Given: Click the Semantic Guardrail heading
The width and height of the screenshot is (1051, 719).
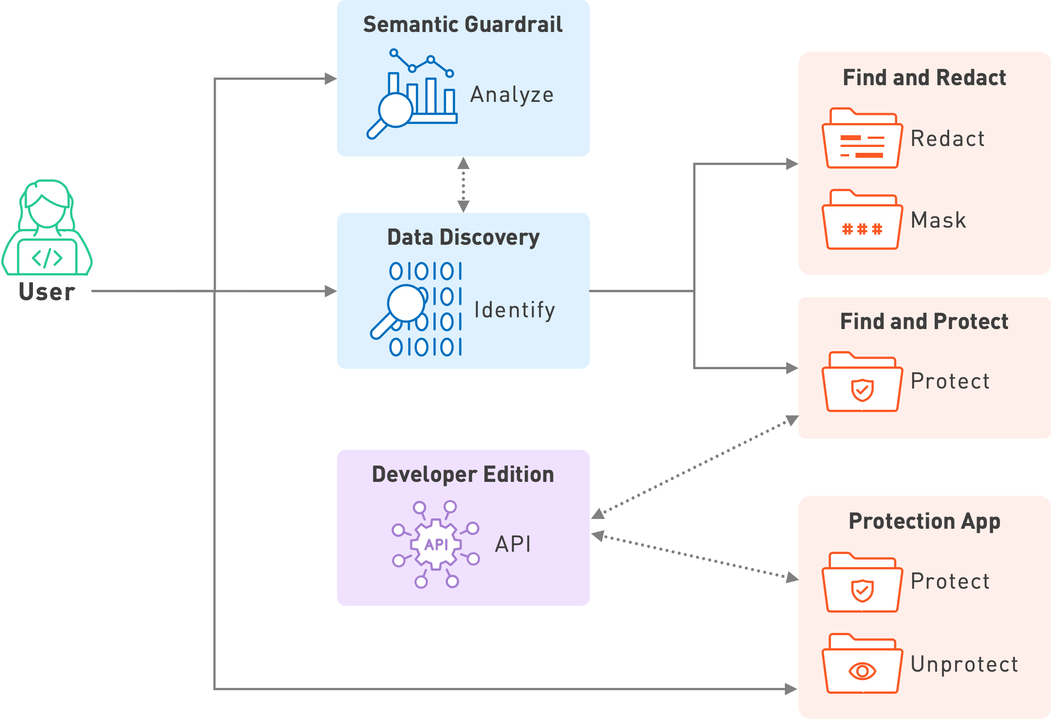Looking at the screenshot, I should tap(463, 24).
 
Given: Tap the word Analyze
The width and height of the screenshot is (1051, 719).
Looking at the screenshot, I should tap(512, 95).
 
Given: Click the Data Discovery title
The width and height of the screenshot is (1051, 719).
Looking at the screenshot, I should tap(463, 238).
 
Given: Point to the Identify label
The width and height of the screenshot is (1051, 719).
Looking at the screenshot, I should tap(514, 310).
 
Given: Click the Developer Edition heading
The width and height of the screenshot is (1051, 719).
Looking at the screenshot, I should tap(463, 474).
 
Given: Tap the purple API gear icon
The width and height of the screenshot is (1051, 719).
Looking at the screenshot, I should tap(436, 544).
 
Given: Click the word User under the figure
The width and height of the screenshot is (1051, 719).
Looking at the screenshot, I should tap(47, 292).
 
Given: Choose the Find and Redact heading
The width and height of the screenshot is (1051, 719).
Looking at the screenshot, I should tap(924, 78).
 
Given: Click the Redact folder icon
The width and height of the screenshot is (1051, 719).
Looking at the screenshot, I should tap(862, 139).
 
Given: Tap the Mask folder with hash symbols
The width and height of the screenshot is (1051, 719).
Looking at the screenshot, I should tap(862, 220).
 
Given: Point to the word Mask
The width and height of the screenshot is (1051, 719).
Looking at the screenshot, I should tap(938, 221).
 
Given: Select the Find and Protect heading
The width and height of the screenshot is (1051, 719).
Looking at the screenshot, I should tap(924, 321).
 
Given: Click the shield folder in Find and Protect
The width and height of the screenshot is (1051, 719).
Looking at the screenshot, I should tap(862, 383).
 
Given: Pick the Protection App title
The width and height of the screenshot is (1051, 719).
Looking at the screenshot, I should tap(924, 521).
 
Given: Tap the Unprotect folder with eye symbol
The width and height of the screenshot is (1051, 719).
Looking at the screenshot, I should tap(862, 664).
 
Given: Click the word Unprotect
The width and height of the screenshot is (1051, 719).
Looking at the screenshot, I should tap(964, 664).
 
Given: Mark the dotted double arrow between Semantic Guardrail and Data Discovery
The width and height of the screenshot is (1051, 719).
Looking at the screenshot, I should tap(463, 184).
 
